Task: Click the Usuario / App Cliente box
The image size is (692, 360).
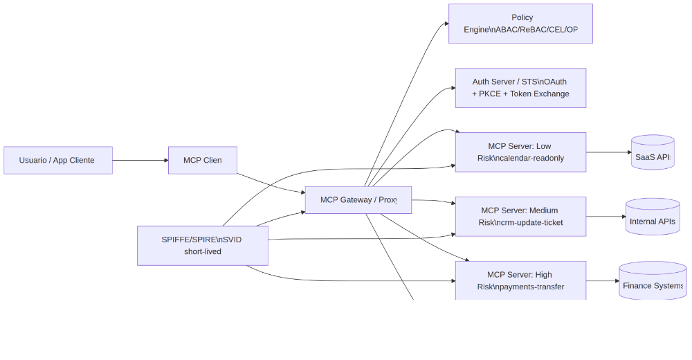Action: coord(58,160)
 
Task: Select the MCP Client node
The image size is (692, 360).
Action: coord(203,160)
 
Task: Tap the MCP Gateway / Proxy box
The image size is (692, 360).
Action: coord(358,200)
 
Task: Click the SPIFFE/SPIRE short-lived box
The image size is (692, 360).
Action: coord(203,245)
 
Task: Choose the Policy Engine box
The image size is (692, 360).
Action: coord(520,24)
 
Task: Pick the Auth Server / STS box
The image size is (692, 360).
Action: coord(520,88)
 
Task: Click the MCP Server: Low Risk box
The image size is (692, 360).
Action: coord(520,152)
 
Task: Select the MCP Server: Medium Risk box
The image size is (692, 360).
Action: coord(520,216)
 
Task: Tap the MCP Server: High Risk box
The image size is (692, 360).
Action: coord(520,280)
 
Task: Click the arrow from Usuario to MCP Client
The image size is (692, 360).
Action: coord(140,160)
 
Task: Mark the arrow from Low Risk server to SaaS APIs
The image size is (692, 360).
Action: coord(608,152)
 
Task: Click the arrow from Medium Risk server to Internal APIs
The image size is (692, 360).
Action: coord(605,217)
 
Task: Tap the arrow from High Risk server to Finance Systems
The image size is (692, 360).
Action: coord(602,281)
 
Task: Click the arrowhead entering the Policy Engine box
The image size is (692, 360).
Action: coord(446,24)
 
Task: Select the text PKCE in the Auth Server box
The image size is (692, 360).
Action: coord(491,94)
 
